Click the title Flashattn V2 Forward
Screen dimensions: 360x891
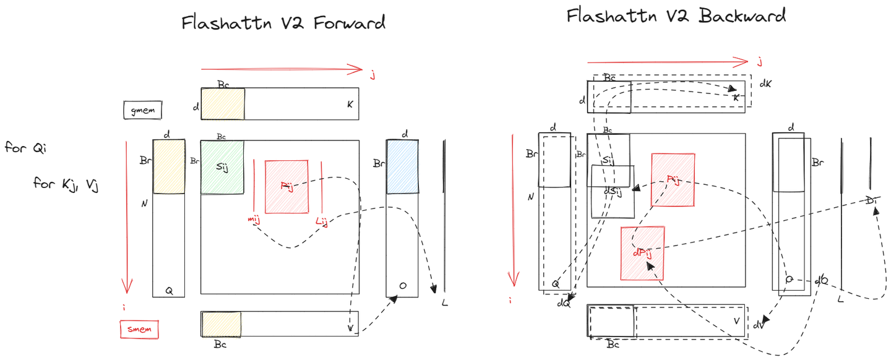283,23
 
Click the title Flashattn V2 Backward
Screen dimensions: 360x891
676,15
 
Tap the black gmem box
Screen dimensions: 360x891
143,110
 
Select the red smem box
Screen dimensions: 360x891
139,330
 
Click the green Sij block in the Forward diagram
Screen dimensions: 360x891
222,167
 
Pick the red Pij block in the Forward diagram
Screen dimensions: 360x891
286,187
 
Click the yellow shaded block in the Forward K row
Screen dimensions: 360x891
222,103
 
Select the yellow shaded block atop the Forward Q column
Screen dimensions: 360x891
169,166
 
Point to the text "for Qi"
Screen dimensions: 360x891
25,148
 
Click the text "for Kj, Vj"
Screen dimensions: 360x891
67,184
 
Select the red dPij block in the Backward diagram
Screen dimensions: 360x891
643,253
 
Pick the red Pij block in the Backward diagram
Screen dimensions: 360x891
673,180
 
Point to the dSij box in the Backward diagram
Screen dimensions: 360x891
613,192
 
